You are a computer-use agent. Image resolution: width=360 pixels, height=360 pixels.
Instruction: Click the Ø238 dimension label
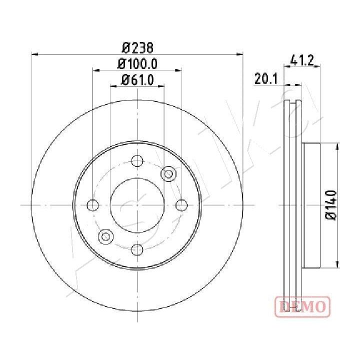click(137, 48)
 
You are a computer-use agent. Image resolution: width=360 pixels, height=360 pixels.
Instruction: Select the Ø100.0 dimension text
click(137, 64)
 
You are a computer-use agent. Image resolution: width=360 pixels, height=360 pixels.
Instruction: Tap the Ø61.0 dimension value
click(137, 80)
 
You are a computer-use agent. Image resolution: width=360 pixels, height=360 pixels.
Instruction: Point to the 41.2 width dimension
click(302, 60)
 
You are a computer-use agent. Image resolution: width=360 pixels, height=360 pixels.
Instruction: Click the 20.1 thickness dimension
click(266, 79)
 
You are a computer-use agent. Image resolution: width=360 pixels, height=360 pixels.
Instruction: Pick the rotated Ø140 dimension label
click(331, 205)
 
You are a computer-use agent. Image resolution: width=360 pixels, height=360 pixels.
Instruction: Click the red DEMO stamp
click(302, 306)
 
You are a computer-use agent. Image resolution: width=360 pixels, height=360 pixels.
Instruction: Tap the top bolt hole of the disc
click(137, 160)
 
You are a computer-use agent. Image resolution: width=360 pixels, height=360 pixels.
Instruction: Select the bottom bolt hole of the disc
click(137, 249)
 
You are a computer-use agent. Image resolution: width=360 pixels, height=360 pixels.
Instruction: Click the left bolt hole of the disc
click(93, 205)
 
